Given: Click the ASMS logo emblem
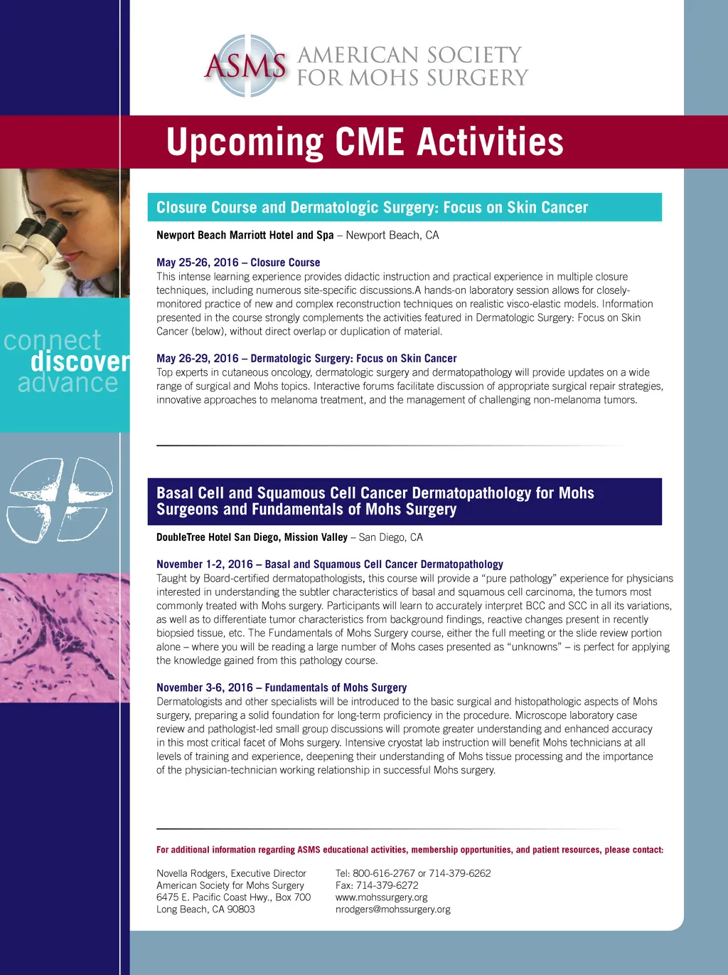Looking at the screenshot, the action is point(245,65).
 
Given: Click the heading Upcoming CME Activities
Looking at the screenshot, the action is point(365,142).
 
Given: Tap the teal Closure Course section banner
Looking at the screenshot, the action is point(405,207).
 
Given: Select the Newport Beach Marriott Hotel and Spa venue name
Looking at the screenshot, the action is point(245,235).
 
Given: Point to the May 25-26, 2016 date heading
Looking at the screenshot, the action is point(198,262).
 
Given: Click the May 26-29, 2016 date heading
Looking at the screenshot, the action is point(198,358).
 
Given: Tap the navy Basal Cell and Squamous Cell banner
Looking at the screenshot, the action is point(405,502).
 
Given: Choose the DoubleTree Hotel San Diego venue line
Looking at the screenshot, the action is point(289,537).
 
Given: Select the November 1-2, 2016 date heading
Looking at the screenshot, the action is point(205,564).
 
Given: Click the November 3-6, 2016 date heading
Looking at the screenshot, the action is point(205,687).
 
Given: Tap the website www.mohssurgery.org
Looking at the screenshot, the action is point(382,897).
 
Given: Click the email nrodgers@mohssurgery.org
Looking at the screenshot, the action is point(393,910).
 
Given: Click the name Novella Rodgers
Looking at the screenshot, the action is point(191,873).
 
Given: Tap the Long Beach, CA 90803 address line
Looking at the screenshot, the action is point(205,910).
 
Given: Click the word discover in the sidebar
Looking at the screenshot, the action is point(80,362).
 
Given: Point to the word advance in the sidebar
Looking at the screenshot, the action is point(68,383).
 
